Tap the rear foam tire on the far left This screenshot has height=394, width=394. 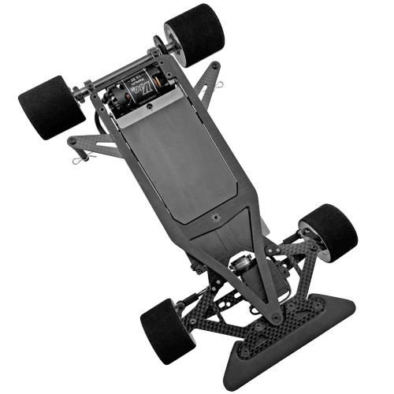point(51,107)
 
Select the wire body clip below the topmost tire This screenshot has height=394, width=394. point(221,84)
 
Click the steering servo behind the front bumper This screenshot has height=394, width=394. point(240,272)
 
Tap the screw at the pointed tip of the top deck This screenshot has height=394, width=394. point(275,318)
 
